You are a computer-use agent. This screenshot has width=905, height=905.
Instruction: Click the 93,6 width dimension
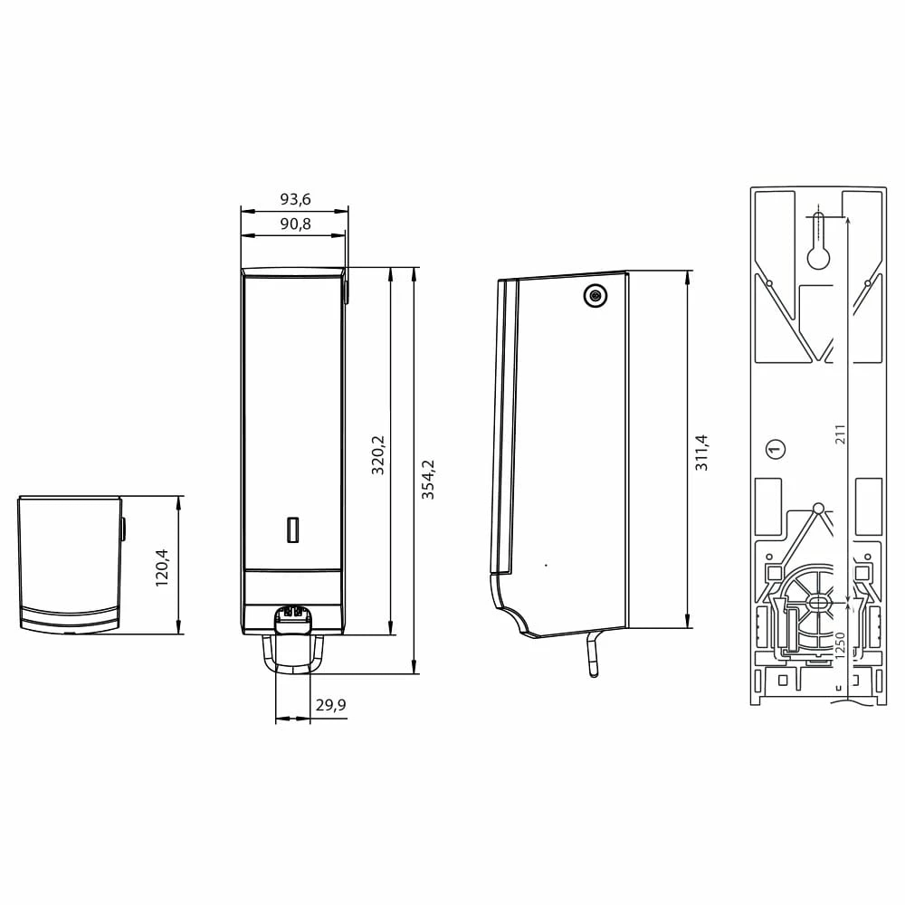point(296,199)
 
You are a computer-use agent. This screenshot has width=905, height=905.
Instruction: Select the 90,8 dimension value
point(296,224)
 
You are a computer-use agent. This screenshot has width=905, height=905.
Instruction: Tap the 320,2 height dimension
point(377,455)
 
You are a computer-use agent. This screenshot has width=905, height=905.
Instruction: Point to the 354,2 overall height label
point(428,480)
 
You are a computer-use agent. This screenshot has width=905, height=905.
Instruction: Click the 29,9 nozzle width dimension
point(330,705)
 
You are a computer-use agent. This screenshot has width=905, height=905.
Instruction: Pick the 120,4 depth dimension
point(162,568)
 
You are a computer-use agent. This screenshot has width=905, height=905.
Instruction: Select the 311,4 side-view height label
point(701,453)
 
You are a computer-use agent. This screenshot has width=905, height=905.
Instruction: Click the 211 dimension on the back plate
point(841,434)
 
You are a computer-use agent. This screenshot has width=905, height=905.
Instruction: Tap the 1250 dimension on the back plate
point(840,645)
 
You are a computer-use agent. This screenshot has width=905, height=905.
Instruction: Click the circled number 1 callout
point(776,449)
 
